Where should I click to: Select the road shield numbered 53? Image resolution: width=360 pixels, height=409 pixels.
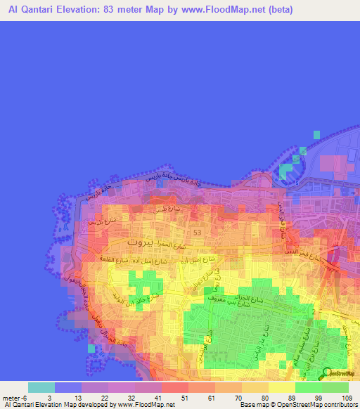[197, 233]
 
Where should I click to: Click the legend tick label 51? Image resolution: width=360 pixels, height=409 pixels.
[184, 398]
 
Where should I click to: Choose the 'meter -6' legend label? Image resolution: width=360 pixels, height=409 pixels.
[14, 398]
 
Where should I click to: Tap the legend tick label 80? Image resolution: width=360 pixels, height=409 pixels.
[264, 398]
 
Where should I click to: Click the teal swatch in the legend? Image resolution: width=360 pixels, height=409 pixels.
[41, 387]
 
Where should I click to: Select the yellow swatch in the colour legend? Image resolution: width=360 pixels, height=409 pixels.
[281, 387]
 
